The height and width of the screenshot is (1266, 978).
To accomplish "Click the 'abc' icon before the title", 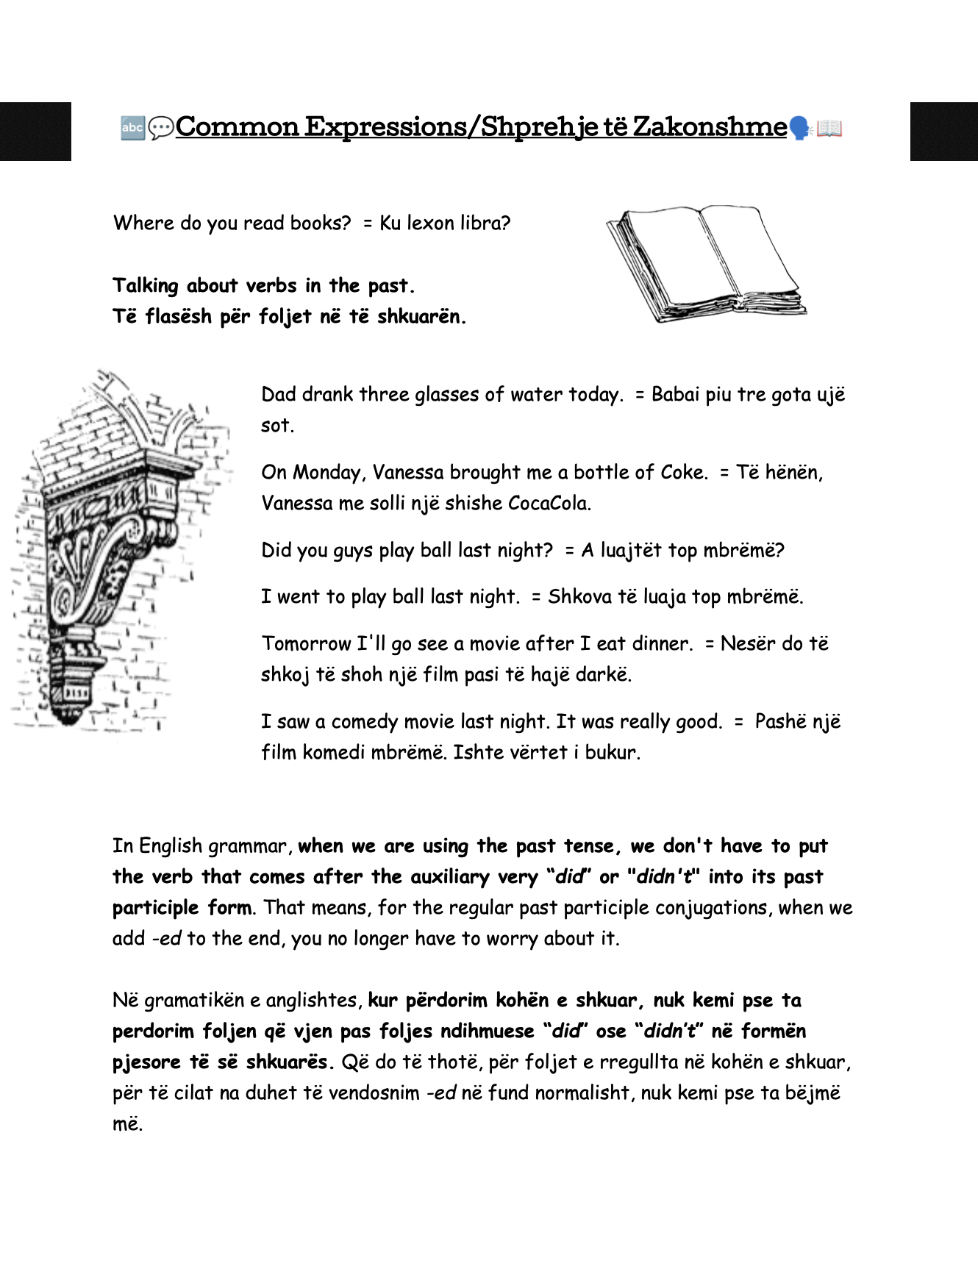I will pyautogui.click(x=132, y=128).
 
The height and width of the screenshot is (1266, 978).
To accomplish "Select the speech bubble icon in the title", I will pyautogui.click(x=160, y=129).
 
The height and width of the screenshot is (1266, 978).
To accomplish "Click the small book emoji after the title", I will pyautogui.click(x=829, y=129).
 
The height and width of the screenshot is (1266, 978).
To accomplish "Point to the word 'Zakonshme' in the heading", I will pyautogui.click(x=710, y=126).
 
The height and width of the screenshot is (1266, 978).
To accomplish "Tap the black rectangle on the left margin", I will pyautogui.click(x=35, y=132).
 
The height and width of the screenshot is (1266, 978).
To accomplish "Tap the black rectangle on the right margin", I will pyautogui.click(x=944, y=132).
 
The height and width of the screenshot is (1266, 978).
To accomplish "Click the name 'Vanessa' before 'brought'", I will pyautogui.click(x=408, y=472).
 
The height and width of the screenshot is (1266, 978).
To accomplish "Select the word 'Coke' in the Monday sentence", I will pyautogui.click(x=682, y=472).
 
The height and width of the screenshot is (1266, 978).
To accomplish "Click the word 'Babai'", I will pyautogui.click(x=676, y=395).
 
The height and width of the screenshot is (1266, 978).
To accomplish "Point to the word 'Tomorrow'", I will pyautogui.click(x=307, y=644).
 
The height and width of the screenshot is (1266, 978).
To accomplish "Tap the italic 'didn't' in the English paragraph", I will pyautogui.click(x=665, y=877).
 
